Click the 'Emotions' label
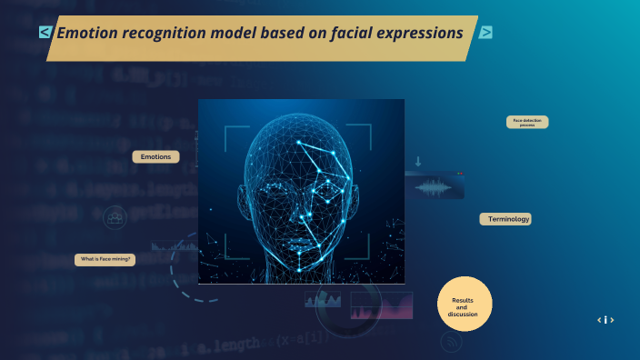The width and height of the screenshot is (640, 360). [x=155, y=157]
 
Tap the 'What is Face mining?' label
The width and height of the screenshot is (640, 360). [x=105, y=260]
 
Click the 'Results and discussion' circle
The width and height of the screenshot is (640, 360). [x=465, y=304]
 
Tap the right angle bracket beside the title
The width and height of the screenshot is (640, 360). [x=486, y=33]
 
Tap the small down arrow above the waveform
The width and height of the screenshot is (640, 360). [x=418, y=162]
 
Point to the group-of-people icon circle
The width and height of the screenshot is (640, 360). [x=115, y=217]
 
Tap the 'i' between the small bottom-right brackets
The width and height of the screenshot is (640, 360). [x=605, y=320]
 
